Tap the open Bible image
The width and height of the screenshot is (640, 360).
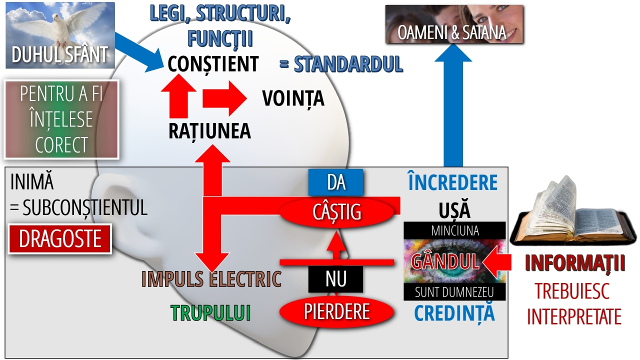click(x=573, y=215)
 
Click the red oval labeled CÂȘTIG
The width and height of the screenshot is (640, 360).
click(x=337, y=212)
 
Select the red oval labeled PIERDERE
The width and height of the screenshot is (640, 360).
click(x=337, y=312)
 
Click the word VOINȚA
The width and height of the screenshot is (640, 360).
click(x=293, y=98)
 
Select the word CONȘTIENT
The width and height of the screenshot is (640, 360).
click(x=213, y=64)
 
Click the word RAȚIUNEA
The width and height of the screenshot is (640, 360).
click(x=209, y=131)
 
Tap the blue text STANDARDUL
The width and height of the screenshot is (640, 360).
click(x=348, y=64)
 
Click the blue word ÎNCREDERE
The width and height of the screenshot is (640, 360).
click(x=452, y=183)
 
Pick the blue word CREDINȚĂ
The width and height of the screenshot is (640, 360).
click(x=454, y=313)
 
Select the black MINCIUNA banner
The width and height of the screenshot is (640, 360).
click(x=454, y=230)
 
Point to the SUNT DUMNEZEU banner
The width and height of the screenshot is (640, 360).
click(x=454, y=292)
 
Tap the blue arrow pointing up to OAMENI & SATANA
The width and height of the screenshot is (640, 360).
click(x=452, y=110)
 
